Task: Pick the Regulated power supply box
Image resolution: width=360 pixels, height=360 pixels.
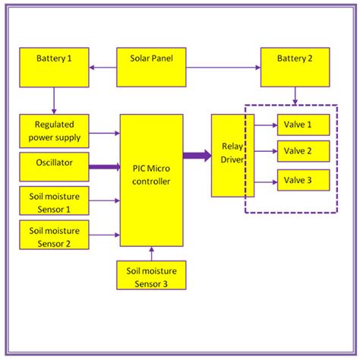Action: coord(53,130)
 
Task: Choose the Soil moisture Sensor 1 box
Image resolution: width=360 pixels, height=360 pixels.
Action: coord(53,200)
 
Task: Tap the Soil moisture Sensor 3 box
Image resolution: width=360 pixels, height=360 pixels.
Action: coord(150,274)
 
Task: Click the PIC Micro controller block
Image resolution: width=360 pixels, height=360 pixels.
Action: coord(150,179)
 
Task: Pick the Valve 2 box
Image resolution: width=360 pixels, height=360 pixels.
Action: coord(302,151)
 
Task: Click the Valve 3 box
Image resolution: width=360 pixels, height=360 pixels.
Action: coord(302,180)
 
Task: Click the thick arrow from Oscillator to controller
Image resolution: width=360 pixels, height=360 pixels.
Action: coord(105,166)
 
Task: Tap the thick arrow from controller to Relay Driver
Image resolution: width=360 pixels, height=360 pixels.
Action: coord(197,156)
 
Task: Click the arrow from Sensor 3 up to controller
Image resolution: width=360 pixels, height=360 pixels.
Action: coord(151,253)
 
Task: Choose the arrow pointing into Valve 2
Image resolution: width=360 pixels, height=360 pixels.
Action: coord(265,152)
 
